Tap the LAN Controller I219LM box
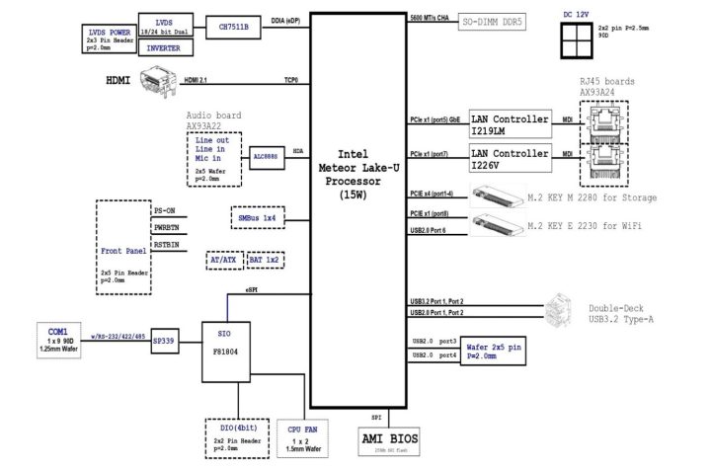[509, 125]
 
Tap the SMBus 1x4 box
[256, 217]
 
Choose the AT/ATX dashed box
[223, 261]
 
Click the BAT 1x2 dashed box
[265, 261]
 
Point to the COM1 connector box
[57, 336]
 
